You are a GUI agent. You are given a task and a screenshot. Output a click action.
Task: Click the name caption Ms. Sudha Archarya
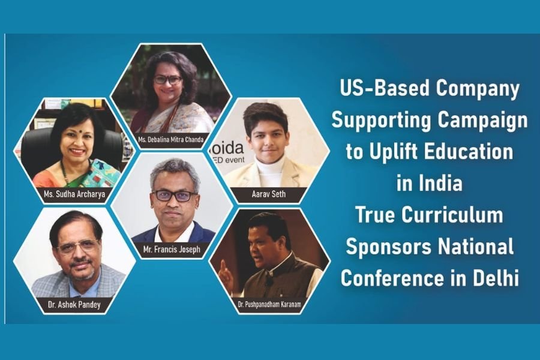(74, 194)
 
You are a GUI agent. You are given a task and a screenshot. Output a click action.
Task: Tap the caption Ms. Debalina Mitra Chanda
(171, 140)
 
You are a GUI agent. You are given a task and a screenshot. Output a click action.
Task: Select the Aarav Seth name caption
(269, 194)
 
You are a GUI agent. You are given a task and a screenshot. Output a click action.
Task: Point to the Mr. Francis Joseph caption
(172, 250)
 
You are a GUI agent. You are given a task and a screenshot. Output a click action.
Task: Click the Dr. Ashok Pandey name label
(74, 305)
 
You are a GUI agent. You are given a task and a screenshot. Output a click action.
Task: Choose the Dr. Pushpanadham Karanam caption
(269, 305)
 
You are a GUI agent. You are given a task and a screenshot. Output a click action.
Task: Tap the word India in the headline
(440, 183)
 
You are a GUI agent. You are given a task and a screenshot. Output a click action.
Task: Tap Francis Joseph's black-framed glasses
(175, 196)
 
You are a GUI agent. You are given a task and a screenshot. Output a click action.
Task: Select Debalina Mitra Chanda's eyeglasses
(167, 80)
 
